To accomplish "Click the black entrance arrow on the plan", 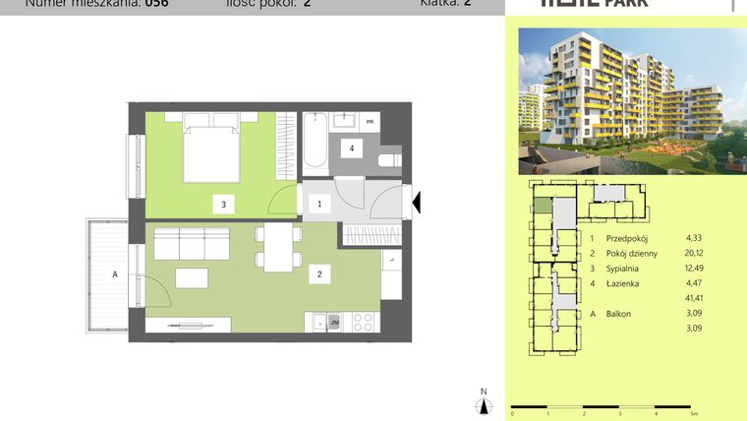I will click(x=417, y=203).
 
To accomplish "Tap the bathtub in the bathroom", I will click(x=316, y=142).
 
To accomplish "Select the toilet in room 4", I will click(x=390, y=158).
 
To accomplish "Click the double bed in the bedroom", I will click(x=212, y=149).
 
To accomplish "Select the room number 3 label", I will click(x=224, y=206).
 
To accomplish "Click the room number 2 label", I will click(x=318, y=274).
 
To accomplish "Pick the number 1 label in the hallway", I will click(x=317, y=205).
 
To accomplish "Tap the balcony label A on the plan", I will click(x=115, y=275).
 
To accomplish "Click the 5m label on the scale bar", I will click(x=695, y=414).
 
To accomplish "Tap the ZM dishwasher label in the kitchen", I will click(x=334, y=322).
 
